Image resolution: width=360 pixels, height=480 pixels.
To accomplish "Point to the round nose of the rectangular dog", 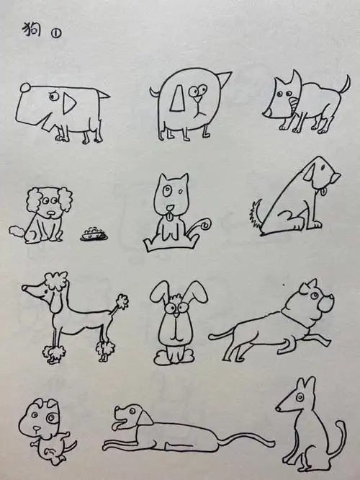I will (x=24, y=88).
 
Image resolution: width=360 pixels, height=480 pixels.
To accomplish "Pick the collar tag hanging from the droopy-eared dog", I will (x=325, y=192).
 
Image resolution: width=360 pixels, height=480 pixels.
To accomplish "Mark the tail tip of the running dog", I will (x=211, y=336).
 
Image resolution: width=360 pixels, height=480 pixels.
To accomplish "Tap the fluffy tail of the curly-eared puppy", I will (x=15, y=231).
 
